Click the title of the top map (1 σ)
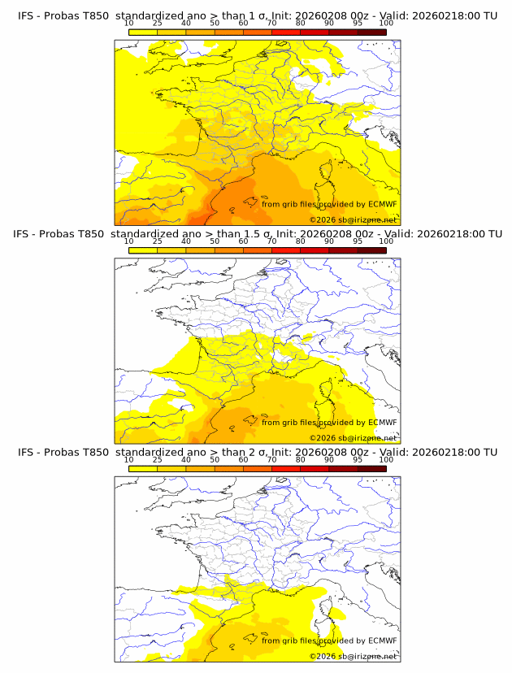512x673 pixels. [256, 15]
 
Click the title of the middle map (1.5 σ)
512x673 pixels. [256, 233]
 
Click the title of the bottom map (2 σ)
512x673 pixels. [256, 452]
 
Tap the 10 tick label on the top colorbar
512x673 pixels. [128, 24]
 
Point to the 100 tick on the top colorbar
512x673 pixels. [386, 24]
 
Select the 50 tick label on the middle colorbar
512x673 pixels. [215, 241]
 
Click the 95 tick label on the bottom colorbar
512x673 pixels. [358, 460]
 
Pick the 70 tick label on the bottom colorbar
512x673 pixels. [271, 460]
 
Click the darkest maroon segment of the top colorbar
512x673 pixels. [371, 32]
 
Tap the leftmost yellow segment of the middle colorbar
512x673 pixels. [142, 250]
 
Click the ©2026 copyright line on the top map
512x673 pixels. [353, 219]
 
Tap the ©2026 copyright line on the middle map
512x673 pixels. [353, 437]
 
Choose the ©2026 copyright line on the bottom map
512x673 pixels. [353, 656]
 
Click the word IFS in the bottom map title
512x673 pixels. [27, 452]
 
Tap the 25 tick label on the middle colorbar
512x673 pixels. [157, 241]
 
